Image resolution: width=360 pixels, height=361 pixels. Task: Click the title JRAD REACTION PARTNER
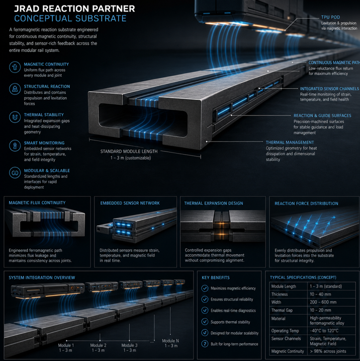coord(74,9)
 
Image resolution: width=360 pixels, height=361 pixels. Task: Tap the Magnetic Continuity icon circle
coord(15,67)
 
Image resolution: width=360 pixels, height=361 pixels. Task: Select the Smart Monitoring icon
coord(15,146)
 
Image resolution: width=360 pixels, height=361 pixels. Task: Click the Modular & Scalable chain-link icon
coord(15,173)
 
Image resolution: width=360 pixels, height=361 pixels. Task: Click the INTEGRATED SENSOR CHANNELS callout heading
coord(329,89)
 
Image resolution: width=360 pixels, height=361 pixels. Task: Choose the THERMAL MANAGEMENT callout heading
coord(290,142)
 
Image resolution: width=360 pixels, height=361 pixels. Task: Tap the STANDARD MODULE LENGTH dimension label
coord(129,151)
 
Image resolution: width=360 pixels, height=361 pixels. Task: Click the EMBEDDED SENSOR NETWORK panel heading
coord(130,203)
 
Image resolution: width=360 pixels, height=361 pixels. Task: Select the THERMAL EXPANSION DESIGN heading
coord(214,203)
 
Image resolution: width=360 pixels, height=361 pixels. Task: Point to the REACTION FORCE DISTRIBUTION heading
coord(306,203)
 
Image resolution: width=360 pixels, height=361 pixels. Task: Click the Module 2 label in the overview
coord(98,345)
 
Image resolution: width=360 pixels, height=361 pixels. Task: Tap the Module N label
coord(170,341)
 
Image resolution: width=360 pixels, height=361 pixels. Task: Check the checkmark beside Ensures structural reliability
coord(205,299)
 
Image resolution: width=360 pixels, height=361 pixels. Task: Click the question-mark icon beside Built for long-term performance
coord(205,344)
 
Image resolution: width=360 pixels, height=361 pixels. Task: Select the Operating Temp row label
coord(285,331)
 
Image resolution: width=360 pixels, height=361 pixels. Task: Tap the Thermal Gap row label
coord(282,310)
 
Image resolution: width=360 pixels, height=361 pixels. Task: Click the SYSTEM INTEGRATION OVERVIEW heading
coord(42,277)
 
